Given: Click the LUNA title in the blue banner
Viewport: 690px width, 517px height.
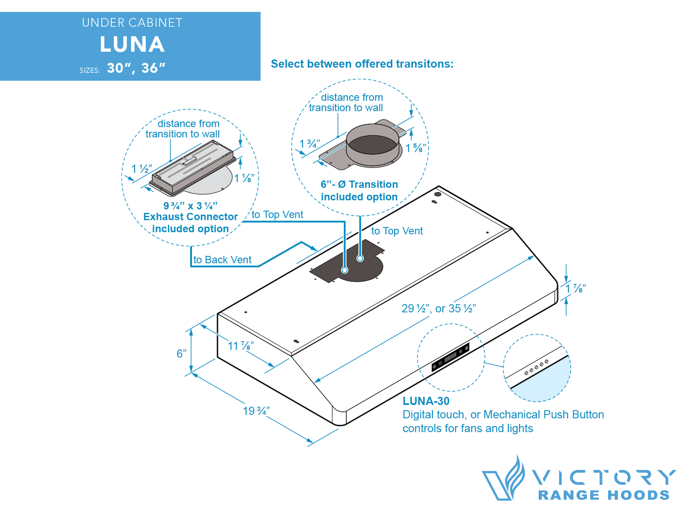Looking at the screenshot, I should click(132, 44).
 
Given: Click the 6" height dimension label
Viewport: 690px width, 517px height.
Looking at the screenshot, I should click(182, 354).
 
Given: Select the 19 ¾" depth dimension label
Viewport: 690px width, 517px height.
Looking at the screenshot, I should click(256, 411).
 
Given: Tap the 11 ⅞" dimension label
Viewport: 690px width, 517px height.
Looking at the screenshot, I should click(241, 346).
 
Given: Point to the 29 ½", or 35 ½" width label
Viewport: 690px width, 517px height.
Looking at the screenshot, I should click(439, 308).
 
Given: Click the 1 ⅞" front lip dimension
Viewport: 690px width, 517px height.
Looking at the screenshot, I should click(576, 289).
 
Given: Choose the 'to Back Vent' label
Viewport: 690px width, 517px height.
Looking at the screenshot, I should click(222, 260).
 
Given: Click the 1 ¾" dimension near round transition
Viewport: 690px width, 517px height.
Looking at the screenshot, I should click(310, 144).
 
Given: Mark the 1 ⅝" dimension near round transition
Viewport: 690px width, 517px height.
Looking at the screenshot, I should click(416, 148).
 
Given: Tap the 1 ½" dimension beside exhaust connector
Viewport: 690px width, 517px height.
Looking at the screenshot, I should click(141, 169).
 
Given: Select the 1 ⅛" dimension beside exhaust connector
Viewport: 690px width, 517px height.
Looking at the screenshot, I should click(244, 178).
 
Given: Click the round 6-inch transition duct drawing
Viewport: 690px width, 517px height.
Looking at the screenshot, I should click(373, 144).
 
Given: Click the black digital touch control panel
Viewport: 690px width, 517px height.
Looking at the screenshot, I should click(451, 357).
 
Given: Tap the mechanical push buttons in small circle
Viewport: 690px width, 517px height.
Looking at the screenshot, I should click(536, 367).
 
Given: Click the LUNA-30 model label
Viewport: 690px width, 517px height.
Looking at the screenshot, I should click(426, 401).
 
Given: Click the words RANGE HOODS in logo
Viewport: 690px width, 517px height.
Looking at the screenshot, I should click(604, 495).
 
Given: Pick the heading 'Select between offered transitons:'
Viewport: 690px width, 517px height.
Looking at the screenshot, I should click(362, 64).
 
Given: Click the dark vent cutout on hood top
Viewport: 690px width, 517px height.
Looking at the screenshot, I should click(349, 265).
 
